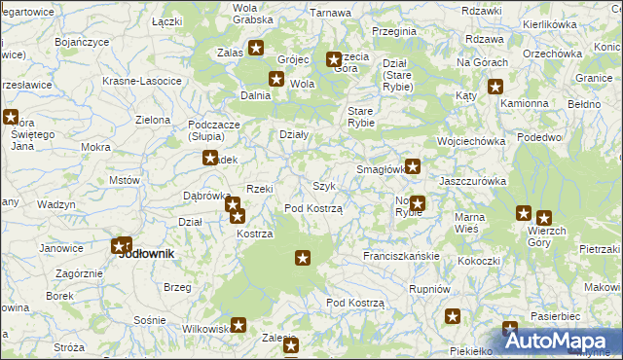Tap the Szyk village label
coord(324,186)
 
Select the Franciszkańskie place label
coord(402,256)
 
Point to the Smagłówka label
coord(380,169)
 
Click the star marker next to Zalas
coord(256,48)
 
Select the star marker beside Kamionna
coord(496,86)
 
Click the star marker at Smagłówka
coord(413,166)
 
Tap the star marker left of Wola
coord(276,80)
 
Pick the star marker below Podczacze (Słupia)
coord(209,158)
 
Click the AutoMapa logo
coord(559,340)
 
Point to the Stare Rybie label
coord(361,117)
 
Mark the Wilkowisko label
coord(204,329)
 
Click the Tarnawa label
coord(330,13)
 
